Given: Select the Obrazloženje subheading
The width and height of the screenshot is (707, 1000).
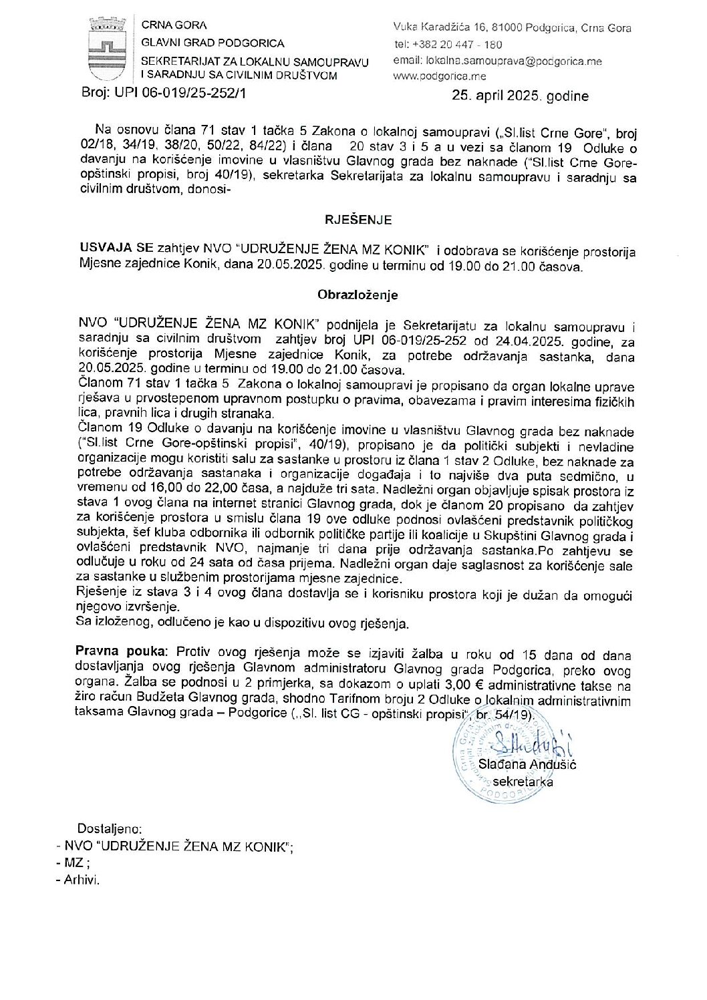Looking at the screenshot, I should [x=358, y=295].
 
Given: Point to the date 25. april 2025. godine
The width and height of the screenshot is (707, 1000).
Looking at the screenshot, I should [x=520, y=96].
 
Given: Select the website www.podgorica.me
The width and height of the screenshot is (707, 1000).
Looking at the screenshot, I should [x=440, y=76].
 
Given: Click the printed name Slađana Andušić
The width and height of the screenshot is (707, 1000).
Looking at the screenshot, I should [x=527, y=764].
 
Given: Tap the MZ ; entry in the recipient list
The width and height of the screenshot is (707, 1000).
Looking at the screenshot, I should [x=74, y=863].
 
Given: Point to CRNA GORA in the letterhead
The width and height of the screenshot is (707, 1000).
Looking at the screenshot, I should [x=174, y=25].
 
